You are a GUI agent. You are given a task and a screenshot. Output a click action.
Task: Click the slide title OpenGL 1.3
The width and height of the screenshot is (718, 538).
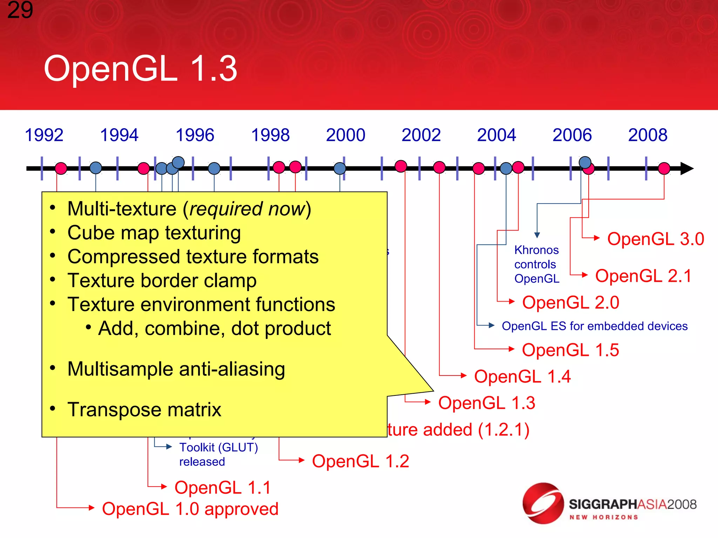141,69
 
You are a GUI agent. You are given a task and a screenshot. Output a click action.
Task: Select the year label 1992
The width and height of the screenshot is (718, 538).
44,135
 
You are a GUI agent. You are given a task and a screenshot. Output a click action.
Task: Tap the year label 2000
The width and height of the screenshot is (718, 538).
346,135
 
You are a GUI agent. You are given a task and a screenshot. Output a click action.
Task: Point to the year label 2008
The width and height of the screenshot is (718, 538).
648,135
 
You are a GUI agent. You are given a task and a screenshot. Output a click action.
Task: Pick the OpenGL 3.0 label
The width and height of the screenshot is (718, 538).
655,239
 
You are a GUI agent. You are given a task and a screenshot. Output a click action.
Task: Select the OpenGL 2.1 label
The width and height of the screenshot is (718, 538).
643,276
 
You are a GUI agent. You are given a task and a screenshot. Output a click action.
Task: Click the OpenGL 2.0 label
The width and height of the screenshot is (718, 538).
570,303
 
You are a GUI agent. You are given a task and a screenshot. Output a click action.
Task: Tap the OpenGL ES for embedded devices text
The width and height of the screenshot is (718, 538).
595,326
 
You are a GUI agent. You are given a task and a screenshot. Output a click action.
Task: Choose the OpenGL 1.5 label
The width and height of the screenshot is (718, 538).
570,350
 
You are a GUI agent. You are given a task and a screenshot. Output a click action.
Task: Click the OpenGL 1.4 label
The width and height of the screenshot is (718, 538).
522,377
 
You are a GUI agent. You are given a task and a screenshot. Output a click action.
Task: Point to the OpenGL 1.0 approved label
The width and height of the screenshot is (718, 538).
190,509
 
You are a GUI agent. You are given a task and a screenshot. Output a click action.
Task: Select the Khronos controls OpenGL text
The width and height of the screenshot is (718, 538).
536,264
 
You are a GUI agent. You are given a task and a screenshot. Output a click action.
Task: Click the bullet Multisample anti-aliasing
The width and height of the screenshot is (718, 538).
176,369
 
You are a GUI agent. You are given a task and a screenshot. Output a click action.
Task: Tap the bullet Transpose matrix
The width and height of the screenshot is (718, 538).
144,410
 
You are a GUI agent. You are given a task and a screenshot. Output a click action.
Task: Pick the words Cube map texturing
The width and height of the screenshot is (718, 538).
154,233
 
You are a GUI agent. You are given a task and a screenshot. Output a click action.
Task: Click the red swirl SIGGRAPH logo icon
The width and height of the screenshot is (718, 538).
543,504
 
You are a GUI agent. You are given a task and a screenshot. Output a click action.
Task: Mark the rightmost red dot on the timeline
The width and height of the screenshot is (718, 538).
664,168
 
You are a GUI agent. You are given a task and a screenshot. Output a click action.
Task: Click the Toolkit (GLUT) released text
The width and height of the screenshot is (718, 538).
218,455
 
